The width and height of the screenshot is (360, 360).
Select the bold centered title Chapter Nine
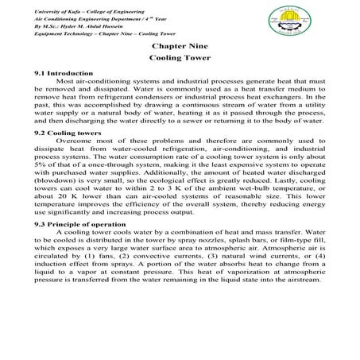(179, 48)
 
